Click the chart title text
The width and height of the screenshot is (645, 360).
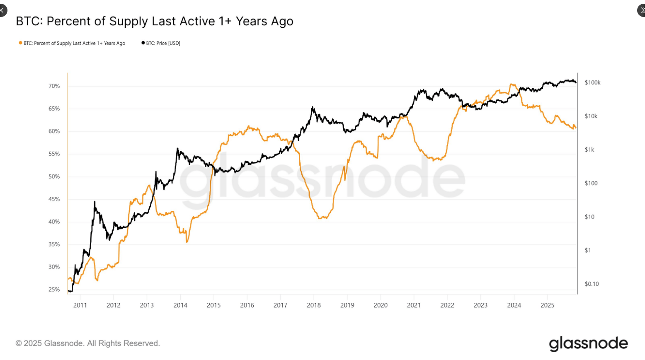pyautogui.click(x=154, y=21)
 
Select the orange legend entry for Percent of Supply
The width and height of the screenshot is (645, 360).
pyautogui.click(x=72, y=43)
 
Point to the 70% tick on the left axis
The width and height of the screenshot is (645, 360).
pyautogui.click(x=54, y=86)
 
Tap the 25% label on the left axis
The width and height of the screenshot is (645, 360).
pyautogui.click(x=54, y=290)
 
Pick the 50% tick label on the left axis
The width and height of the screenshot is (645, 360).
pyautogui.click(x=54, y=176)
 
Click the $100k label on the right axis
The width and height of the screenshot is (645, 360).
pyautogui.click(x=592, y=82)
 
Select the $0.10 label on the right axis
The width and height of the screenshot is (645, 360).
pyautogui.click(x=592, y=284)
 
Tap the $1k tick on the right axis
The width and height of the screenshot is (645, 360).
pyautogui.click(x=589, y=150)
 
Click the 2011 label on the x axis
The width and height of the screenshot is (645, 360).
pyautogui.click(x=80, y=305)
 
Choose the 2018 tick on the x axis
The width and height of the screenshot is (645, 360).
pyautogui.click(x=314, y=305)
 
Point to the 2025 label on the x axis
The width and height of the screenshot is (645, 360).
pyautogui.click(x=547, y=305)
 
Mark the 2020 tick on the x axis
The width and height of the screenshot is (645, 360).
pyautogui.click(x=381, y=305)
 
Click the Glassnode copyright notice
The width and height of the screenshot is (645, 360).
pyautogui.click(x=87, y=343)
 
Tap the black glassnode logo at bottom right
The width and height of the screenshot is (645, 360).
pyautogui.click(x=588, y=344)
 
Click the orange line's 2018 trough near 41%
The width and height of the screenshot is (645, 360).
pyautogui.click(x=322, y=218)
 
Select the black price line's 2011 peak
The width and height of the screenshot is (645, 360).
pyautogui.click(x=95, y=202)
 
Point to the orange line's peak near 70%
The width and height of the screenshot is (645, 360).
pyautogui.click(x=512, y=85)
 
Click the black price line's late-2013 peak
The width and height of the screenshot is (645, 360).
pyautogui.click(x=177, y=148)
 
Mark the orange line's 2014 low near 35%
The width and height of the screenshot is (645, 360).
pyautogui.click(x=187, y=242)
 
